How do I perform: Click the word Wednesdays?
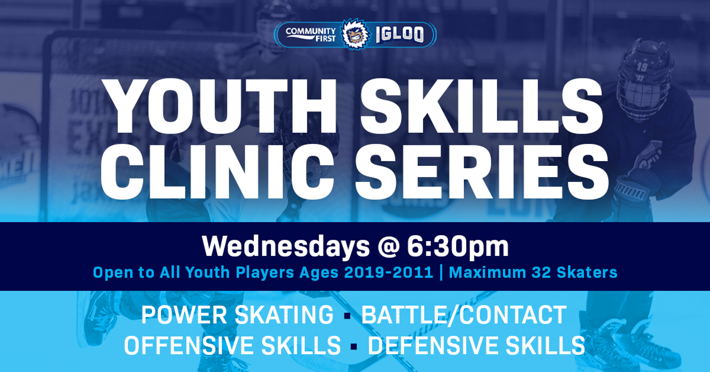(286, 246)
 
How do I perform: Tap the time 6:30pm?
(458, 246)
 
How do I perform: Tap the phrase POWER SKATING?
(237, 315)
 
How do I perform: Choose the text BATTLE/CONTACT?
(464, 315)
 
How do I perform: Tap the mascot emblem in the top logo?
(355, 34)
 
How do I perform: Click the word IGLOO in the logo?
(400, 35)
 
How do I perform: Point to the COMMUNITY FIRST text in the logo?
(311, 34)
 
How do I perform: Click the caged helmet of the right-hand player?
(645, 78)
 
